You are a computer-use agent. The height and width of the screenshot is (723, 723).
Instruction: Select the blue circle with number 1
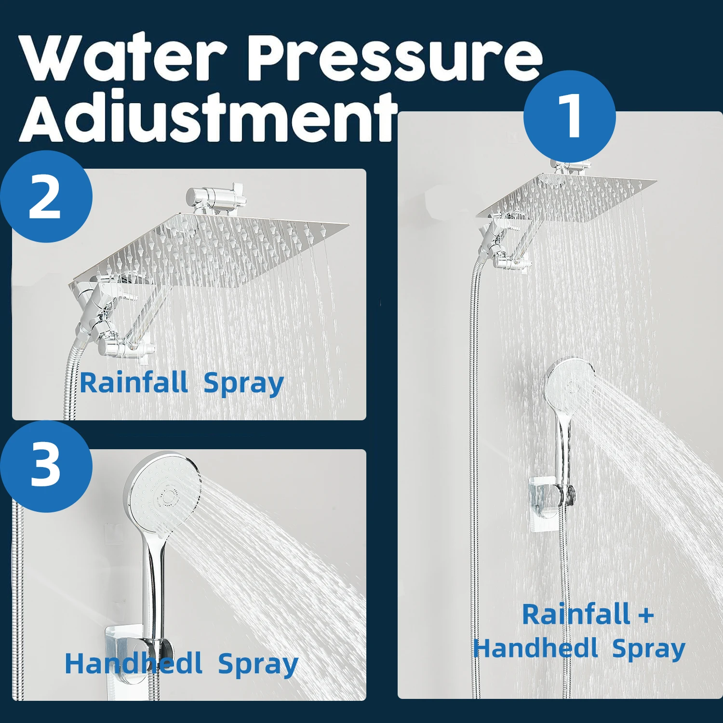click(570, 117)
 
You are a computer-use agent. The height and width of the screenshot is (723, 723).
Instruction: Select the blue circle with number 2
click(46, 197)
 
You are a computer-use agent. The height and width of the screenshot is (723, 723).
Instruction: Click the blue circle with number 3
click(46, 466)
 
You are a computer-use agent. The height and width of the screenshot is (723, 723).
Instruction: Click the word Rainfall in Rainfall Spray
click(134, 383)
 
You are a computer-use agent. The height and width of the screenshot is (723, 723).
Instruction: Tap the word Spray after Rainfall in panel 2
click(243, 384)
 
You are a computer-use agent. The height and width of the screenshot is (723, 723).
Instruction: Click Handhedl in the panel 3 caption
click(134, 664)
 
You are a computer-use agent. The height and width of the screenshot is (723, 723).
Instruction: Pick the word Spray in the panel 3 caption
click(258, 665)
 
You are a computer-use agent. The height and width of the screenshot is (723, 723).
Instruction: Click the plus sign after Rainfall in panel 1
click(646, 616)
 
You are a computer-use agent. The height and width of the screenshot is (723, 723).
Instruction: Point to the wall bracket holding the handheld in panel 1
click(549, 501)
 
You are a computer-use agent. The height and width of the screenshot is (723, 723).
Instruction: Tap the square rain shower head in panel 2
click(212, 251)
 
